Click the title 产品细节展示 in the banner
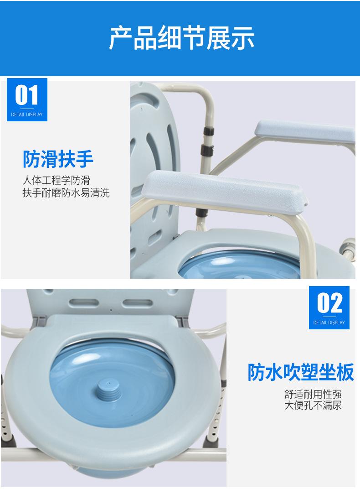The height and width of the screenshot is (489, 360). click(181, 37)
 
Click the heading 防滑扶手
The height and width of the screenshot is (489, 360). click(58, 159)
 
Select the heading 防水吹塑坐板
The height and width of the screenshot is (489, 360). click(300, 372)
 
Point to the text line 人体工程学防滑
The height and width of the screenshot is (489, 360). click(56, 181)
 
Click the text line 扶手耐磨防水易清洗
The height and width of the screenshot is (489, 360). click(66, 192)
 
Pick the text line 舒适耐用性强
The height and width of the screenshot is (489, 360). click(313, 394)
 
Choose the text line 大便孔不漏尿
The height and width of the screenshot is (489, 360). click(313, 405)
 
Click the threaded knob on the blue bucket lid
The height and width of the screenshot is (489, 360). click(110, 391)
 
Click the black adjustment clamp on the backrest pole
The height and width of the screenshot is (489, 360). click(207, 151)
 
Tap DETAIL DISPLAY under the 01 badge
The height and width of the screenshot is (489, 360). click(27, 114)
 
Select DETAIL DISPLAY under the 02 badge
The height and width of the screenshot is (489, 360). click(329, 323)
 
